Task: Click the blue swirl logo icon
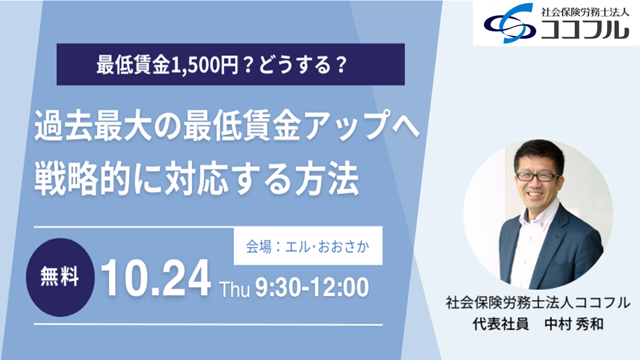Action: tap(510, 23)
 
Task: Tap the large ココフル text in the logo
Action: tap(585, 29)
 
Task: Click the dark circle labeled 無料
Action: tap(60, 277)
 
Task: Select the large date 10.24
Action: tap(156, 278)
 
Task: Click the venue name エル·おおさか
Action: tap(327, 246)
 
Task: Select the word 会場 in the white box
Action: tap(258, 246)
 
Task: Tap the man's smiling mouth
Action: tap(535, 195)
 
